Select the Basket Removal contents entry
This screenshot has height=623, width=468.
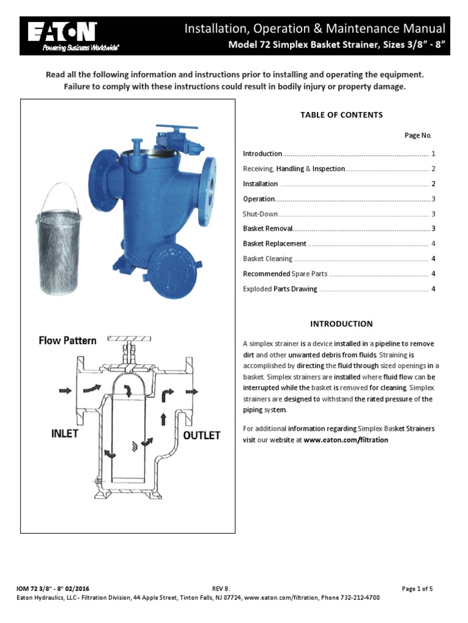point(268,229)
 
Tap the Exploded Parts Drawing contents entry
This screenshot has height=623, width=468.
point(280,289)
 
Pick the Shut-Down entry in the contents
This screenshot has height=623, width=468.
point(260,214)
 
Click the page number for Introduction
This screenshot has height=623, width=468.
point(433,154)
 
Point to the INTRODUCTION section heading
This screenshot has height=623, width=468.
point(341,324)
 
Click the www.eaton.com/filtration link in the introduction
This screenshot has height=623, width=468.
point(346,439)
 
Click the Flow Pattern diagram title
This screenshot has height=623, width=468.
point(68,341)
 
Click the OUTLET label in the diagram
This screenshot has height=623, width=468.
point(201,436)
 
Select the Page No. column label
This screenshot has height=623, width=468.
point(418,135)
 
